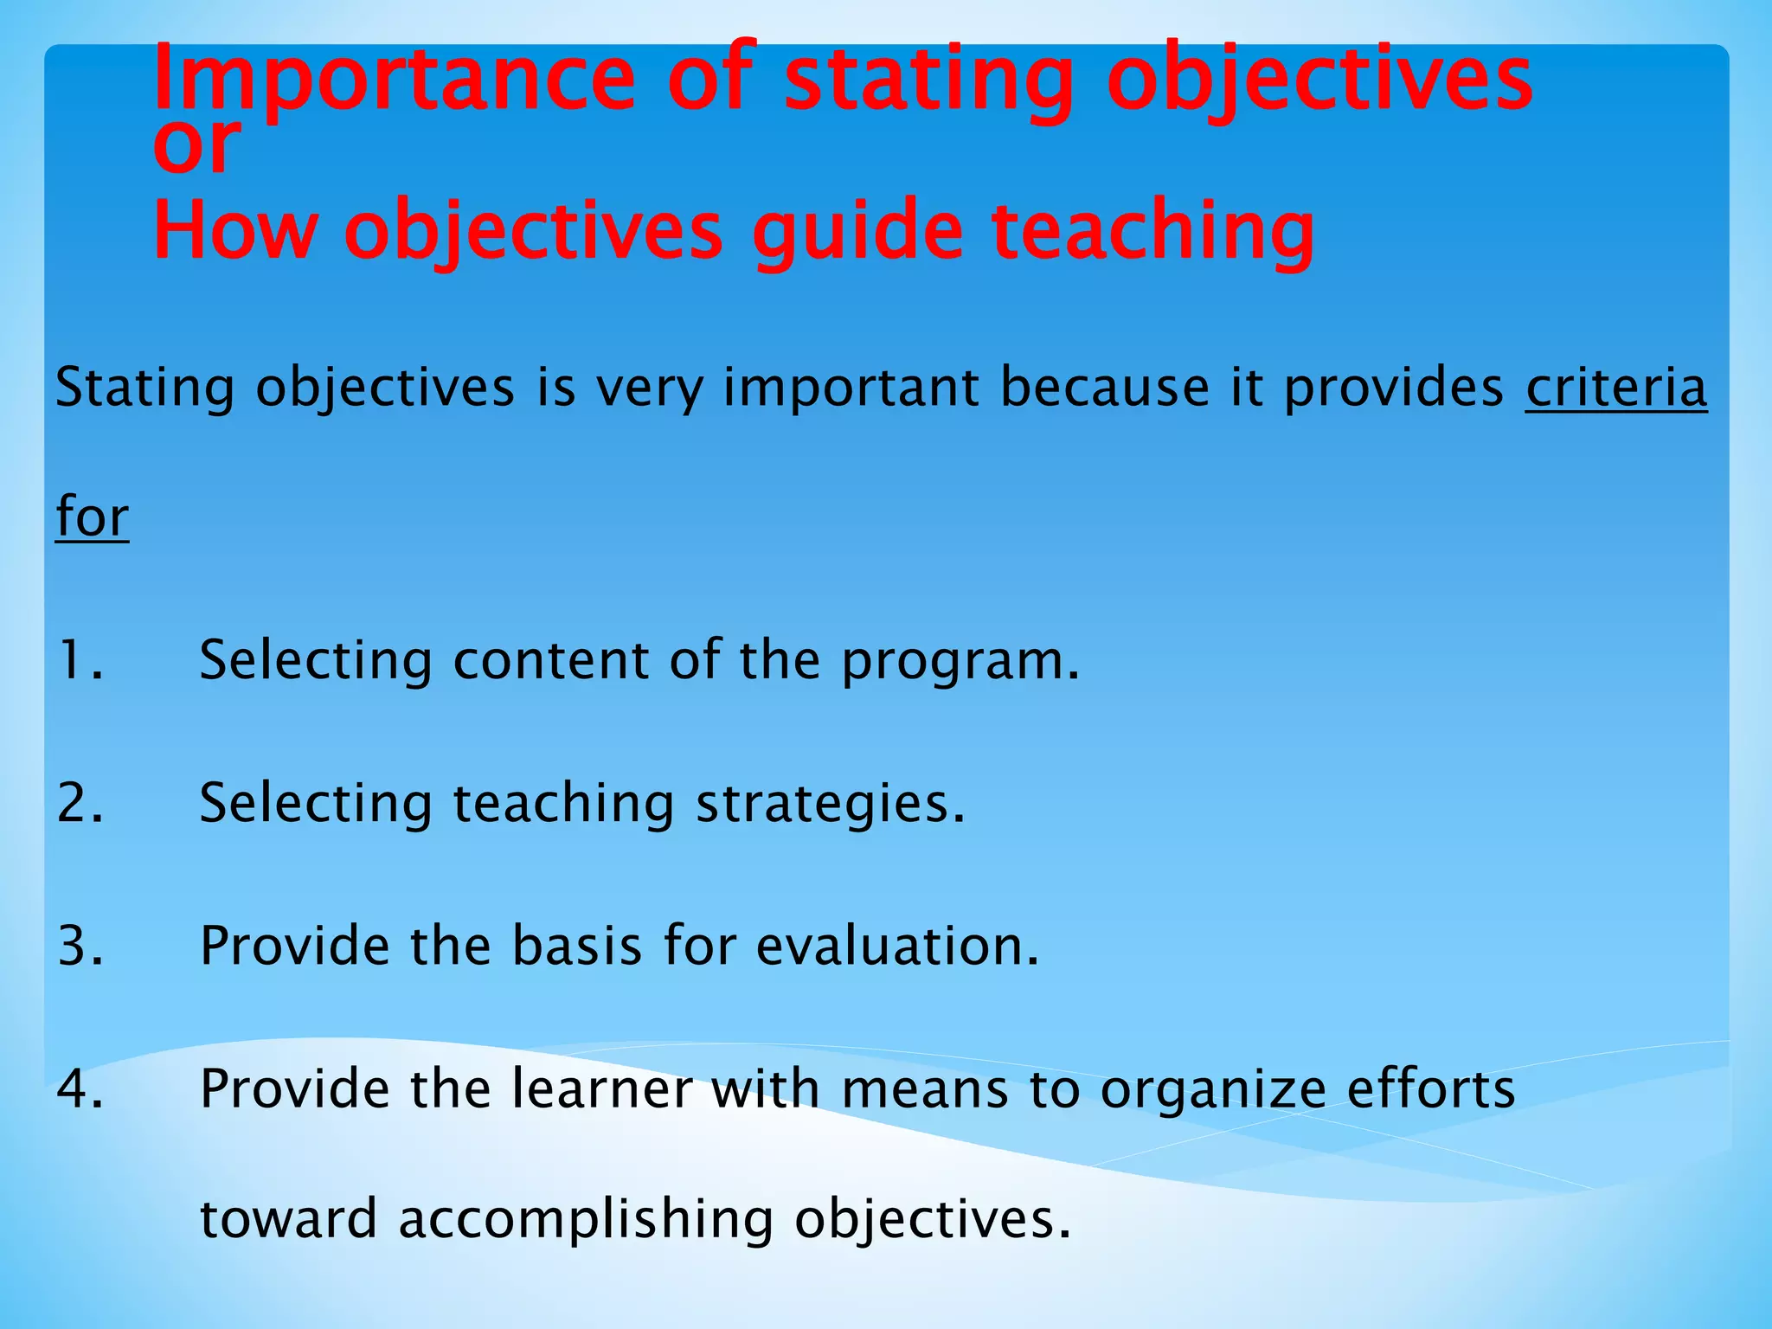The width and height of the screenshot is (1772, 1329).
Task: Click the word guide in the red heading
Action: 857,232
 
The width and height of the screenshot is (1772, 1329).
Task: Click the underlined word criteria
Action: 1615,388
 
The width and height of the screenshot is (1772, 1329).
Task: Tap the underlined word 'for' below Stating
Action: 92,517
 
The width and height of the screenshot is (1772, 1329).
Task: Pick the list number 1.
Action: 80,661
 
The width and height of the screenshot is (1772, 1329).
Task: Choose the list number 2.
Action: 80,803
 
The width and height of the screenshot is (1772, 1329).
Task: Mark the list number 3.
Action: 80,946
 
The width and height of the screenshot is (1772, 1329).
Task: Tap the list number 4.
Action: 80,1088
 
